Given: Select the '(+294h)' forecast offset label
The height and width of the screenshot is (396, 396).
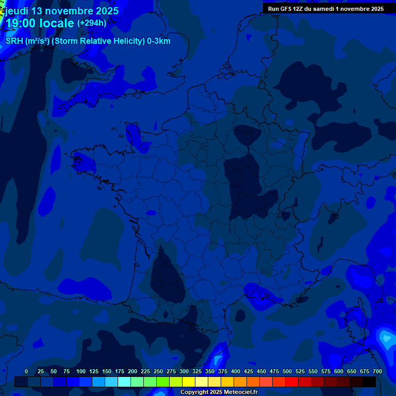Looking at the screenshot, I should [92, 23].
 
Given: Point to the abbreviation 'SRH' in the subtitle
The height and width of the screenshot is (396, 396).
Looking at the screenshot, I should [14, 41].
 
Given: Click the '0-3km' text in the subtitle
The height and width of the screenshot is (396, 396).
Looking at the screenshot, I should [158, 41].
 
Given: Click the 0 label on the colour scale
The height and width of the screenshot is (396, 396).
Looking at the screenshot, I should [26, 371].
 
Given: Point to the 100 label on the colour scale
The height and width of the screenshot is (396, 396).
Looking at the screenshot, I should [81, 371].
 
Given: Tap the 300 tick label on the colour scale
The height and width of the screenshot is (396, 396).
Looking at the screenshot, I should [184, 371].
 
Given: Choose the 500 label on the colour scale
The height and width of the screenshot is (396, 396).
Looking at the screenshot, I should [287, 371].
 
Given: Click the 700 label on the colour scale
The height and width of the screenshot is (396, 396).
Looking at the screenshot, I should [377, 371].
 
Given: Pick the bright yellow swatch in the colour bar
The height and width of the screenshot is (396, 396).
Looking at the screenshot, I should [189, 382].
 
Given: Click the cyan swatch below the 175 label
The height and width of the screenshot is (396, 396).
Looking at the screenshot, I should [124, 382].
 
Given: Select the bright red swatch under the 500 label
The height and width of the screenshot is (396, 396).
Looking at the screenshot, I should [292, 382].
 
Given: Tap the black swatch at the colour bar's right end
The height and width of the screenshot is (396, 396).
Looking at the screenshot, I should [369, 382].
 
